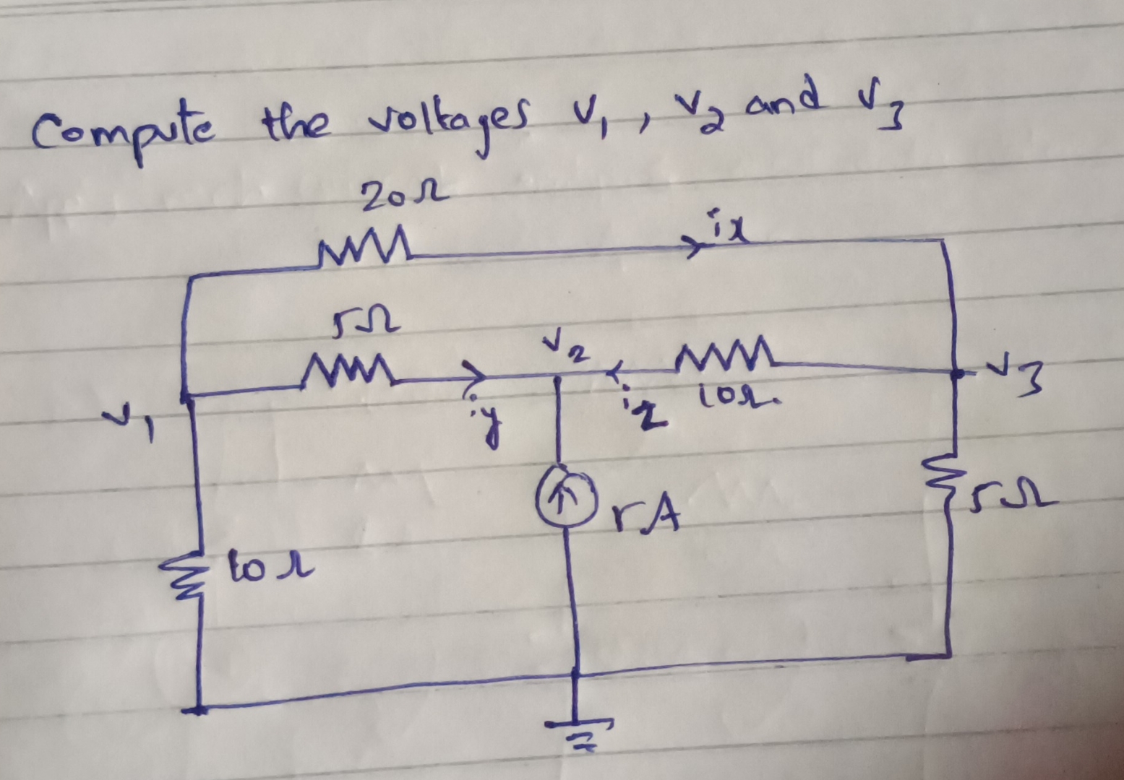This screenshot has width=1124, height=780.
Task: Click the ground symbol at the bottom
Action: click(578, 733)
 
